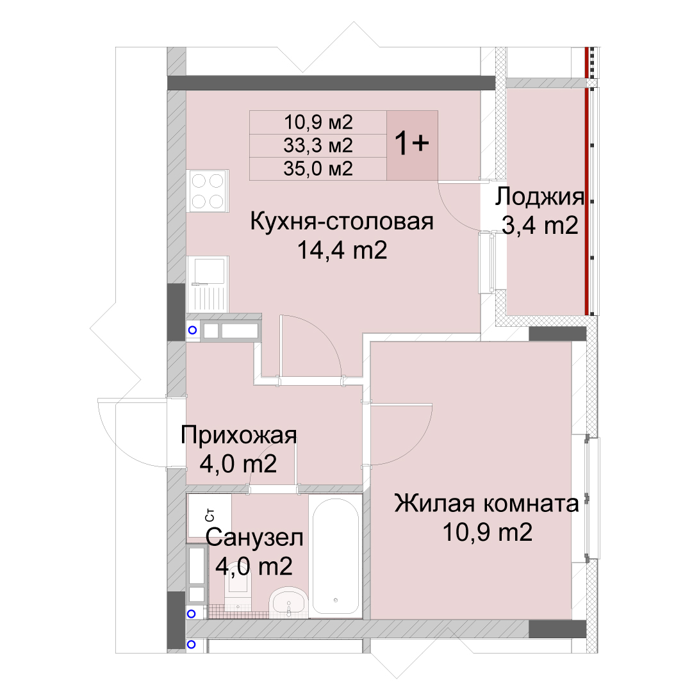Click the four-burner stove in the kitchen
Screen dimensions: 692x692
pos(207,191)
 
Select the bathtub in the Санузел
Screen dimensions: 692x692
pos(335,556)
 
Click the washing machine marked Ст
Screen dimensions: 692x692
pos(209,518)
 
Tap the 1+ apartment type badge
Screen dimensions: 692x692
pos(412,145)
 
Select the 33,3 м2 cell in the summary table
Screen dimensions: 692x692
pos(318,145)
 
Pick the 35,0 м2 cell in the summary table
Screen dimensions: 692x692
pos(318,169)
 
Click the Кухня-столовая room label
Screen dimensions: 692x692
pos(342,221)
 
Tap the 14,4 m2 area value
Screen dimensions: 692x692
pos(342,250)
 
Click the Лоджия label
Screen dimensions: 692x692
pos(540,197)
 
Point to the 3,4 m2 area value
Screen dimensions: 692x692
pos(540,225)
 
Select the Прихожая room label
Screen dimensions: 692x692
pos(239,435)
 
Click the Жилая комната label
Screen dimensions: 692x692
pos(486,504)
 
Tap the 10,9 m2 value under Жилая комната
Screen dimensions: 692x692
pos(487,532)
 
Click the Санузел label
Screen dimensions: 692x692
pos(254,538)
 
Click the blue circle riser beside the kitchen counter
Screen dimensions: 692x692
pos(192,330)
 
